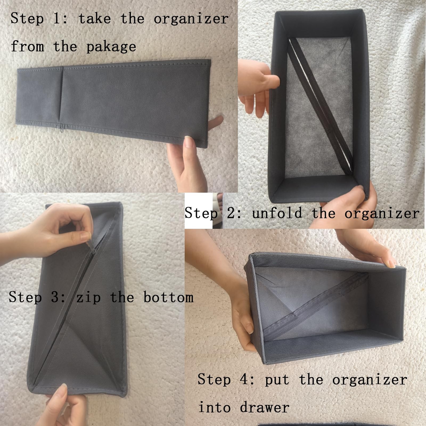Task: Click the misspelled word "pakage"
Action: tap(111, 47)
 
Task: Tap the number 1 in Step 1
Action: tap(57, 19)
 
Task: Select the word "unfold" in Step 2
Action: tap(277, 213)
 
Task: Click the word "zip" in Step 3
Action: tap(88, 297)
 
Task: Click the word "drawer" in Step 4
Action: tap(264, 407)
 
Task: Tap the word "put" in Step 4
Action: tap(277, 380)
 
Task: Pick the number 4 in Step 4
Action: tap(244, 379)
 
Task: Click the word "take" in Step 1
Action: tap(95, 19)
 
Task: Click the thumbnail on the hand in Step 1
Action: tap(189, 142)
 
